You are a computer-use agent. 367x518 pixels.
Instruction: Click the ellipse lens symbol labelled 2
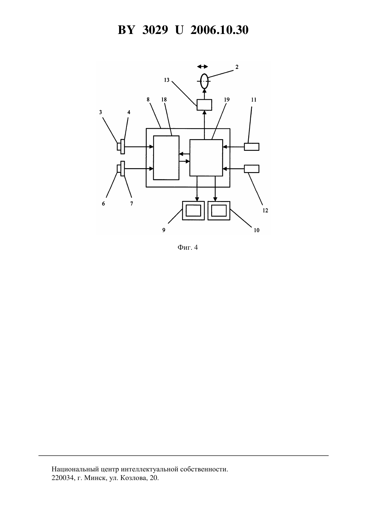click(x=201, y=81)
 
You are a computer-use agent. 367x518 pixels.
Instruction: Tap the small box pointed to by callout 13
click(x=204, y=105)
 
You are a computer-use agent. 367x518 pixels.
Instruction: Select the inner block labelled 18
click(x=166, y=158)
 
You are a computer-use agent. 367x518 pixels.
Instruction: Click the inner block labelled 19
click(x=206, y=158)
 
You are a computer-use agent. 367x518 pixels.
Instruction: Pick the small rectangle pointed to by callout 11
click(x=252, y=147)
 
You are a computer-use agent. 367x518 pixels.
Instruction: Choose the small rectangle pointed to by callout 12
click(x=252, y=169)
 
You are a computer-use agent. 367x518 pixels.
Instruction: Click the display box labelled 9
click(x=193, y=211)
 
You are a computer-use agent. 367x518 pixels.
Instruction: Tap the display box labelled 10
click(x=219, y=211)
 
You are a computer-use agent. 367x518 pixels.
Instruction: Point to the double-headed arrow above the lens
click(x=203, y=67)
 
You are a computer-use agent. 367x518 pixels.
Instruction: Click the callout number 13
click(x=166, y=80)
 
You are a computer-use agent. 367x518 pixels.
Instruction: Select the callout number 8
click(x=148, y=100)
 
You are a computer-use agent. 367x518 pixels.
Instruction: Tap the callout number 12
click(x=265, y=210)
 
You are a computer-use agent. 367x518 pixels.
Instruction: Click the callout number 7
click(x=131, y=203)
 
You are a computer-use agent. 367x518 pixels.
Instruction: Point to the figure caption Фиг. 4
click(x=188, y=247)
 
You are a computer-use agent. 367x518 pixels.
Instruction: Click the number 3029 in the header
click(x=155, y=30)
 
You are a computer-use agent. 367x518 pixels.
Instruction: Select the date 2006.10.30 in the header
click(x=220, y=30)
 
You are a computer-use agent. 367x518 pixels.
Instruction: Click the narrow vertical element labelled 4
click(x=122, y=146)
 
